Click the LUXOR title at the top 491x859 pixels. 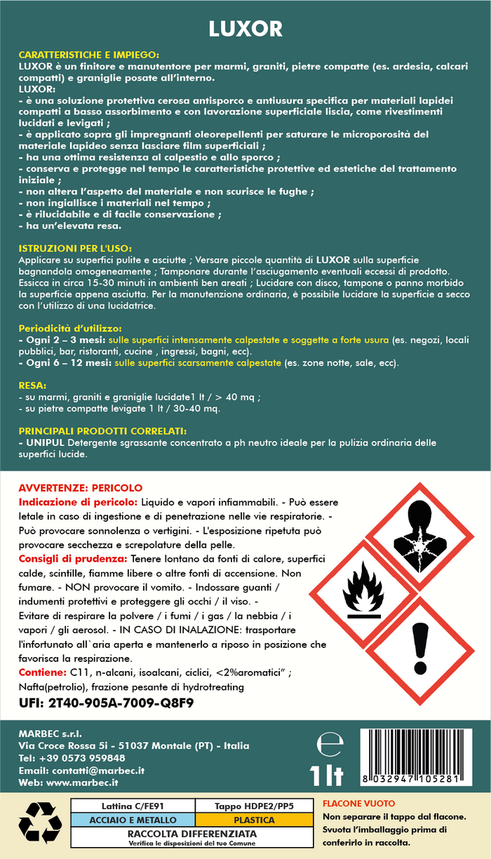pos(245,29)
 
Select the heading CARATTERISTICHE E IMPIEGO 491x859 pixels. pos(88,54)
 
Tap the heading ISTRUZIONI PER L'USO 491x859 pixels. pos(75,248)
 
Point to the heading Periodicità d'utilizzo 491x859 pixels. pos(70,327)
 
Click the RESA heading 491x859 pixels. pos(33,386)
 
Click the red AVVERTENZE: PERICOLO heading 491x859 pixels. pos(80,487)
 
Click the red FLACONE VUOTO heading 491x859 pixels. pos(358,803)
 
